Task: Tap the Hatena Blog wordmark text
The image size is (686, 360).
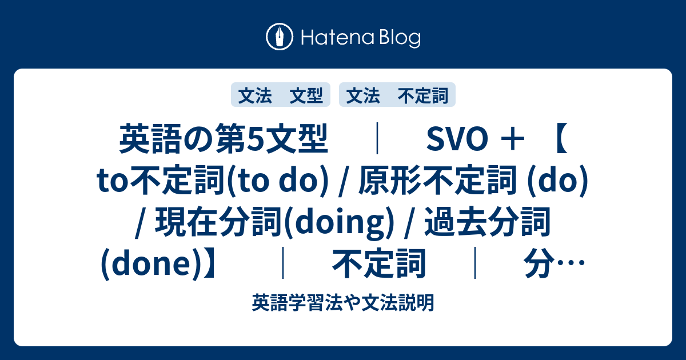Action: pyautogui.click(x=360, y=38)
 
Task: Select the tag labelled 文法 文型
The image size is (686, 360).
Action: pyautogui.click(x=280, y=95)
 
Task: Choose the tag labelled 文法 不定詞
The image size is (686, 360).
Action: pyautogui.click(x=397, y=95)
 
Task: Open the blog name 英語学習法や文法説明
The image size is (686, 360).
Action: pyautogui.click(x=342, y=301)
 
